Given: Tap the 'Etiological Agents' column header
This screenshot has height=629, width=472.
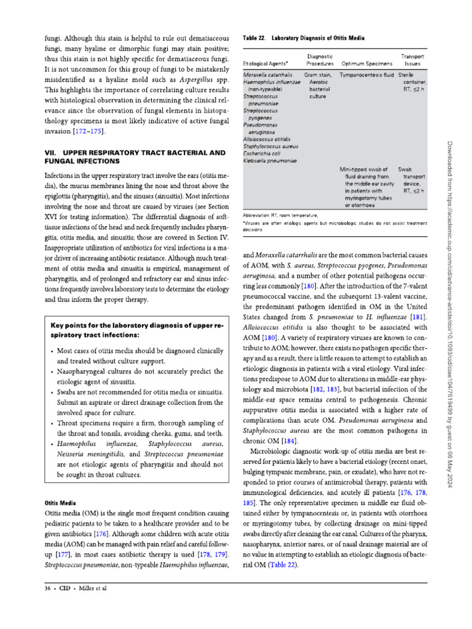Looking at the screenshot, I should click(x=267, y=63).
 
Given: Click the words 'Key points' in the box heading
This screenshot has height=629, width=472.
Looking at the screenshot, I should click(x=71, y=322).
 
